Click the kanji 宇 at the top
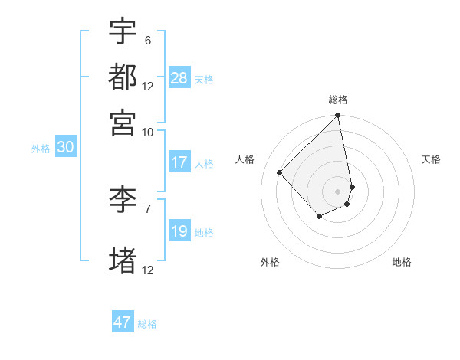123,32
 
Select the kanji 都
123,77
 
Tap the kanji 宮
123,122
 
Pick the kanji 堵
123,261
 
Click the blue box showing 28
179,78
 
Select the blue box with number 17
179,162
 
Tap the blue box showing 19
179,231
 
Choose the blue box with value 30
65,148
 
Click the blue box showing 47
123,322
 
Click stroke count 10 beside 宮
147,131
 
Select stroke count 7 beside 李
147,208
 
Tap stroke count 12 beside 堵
148,270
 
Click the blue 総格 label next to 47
147,324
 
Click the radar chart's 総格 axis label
338,100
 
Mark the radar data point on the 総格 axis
337,116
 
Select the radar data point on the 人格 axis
280,172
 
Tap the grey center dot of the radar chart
337,191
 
